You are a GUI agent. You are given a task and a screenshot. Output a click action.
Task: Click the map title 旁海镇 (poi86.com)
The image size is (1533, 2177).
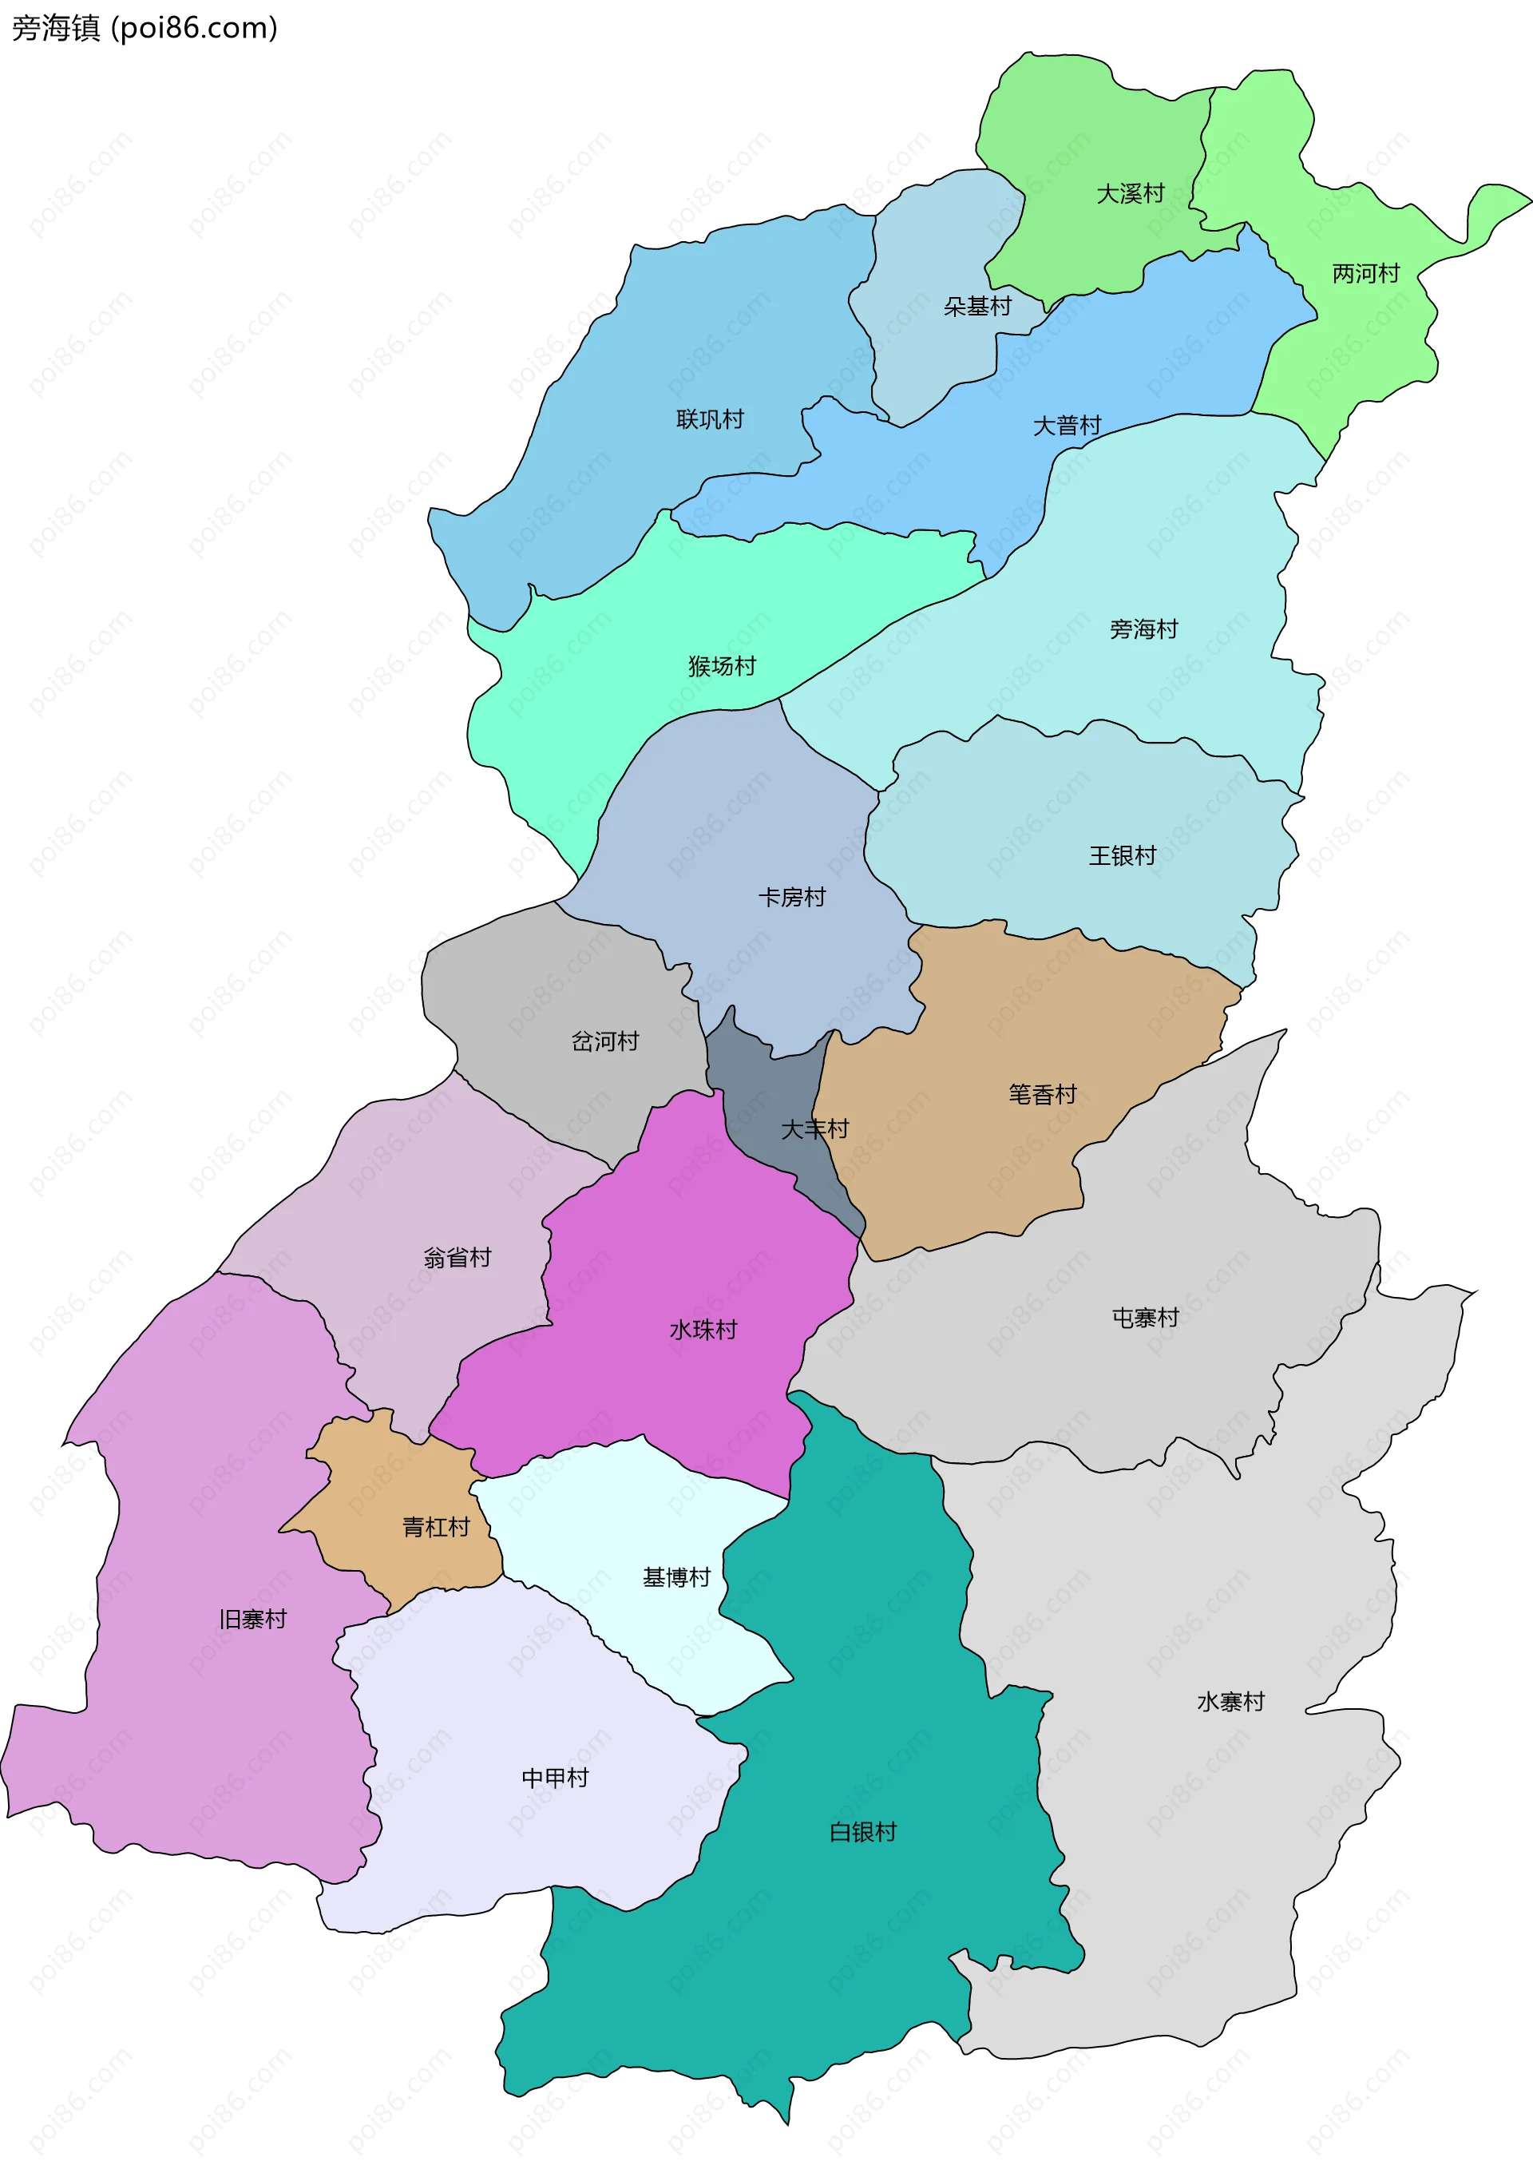coord(144,29)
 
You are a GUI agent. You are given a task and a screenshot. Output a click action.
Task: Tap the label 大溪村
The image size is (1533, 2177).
coord(1130,194)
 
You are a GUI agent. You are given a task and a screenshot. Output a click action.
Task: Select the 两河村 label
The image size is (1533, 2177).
coord(1365,274)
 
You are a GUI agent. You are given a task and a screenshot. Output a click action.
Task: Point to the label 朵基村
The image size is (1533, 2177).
coord(977,306)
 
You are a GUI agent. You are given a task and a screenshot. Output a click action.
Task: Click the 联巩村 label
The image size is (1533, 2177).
coord(710,419)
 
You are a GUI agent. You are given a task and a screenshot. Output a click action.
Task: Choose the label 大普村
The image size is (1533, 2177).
coord(1067,426)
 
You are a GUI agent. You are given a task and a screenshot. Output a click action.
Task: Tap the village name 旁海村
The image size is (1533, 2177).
coord(1143,629)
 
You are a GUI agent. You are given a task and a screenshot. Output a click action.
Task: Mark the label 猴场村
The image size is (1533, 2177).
coord(723,667)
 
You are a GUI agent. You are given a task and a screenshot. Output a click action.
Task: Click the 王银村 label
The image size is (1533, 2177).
coord(1123,856)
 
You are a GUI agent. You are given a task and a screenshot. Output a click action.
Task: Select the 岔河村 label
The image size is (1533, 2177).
coord(605,1042)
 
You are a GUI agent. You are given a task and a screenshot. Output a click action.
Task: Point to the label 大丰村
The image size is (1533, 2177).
coord(814,1129)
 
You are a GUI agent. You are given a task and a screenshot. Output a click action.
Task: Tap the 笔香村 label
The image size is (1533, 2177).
coord(1043,1095)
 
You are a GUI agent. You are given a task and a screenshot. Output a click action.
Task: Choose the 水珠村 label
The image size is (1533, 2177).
coord(703,1330)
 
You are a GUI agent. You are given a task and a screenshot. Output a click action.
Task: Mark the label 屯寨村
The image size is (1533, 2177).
coord(1145,1318)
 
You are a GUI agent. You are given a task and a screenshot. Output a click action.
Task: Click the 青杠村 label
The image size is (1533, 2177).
coord(436,1528)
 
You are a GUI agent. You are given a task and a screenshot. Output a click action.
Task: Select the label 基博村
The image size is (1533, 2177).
coord(677,1578)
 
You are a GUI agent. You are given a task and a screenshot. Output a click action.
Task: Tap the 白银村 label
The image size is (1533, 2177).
coord(863,1833)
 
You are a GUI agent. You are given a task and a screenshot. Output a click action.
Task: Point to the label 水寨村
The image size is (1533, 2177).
coord(1230,1702)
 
